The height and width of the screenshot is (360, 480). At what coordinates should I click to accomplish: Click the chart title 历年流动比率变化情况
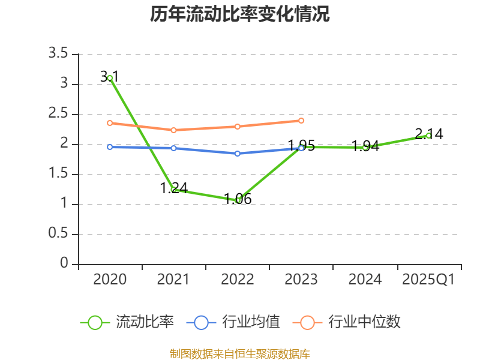tap(239, 14)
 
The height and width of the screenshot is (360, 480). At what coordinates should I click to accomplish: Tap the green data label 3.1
tap(109, 77)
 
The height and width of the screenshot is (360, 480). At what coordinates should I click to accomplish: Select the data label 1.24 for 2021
tap(174, 188)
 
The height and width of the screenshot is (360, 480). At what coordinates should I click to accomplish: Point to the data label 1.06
tap(238, 199)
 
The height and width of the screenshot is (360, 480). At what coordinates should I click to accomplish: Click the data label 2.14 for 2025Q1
tap(429, 134)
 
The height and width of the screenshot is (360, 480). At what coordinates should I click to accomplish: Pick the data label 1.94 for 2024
tap(365, 146)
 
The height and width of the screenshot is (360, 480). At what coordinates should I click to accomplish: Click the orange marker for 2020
tap(110, 123)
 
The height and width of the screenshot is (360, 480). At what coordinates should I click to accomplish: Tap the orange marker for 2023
tap(301, 121)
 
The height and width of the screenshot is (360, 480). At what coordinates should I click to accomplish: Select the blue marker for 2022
tap(238, 154)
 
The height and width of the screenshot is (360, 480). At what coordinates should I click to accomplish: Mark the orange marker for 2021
tap(173, 130)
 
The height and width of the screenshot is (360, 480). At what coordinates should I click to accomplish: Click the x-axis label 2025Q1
tap(428, 280)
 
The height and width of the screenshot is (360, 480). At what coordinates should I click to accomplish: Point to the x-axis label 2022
tap(238, 280)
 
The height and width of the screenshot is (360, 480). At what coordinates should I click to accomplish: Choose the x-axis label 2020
tap(110, 280)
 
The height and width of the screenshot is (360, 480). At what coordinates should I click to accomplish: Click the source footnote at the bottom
tap(239, 353)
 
